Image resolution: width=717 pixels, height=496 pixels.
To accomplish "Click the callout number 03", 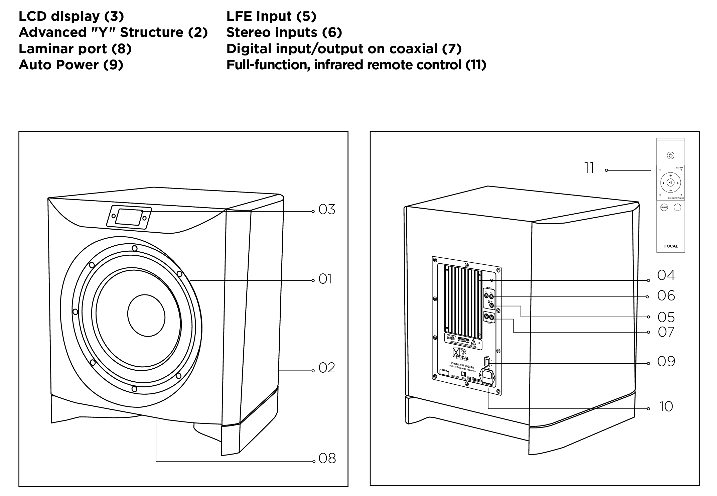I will coord(327,210).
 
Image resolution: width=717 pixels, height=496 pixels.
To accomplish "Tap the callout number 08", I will coord(327,459).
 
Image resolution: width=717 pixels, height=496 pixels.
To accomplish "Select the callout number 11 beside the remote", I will coord(589,168).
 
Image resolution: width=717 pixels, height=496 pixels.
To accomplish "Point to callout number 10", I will coord(666,407).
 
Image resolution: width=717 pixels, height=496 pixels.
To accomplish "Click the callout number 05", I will coord(666,317).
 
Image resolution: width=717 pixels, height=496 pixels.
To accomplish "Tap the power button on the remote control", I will coord(670,155).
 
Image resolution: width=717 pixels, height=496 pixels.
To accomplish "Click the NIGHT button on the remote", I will coord(664,208).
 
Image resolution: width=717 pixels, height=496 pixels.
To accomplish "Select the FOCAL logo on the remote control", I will coord(671,246).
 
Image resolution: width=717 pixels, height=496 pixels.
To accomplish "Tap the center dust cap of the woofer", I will coord(146,316).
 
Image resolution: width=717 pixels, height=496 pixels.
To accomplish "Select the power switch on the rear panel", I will coord(487,362).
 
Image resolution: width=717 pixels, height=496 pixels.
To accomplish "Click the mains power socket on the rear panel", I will coord(487,377).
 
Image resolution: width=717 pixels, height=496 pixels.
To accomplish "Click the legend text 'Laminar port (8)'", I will coord(75,49).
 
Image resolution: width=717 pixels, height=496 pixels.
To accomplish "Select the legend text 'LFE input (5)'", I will coord(271,16).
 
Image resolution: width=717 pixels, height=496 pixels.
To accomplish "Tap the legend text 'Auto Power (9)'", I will coord(71,65).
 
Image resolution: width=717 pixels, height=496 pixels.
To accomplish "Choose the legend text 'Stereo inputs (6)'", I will coord(284,32).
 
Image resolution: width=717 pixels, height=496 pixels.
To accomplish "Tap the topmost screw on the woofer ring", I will coord(134,248).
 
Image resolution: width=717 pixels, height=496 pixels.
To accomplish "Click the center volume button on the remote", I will coord(670,182).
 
